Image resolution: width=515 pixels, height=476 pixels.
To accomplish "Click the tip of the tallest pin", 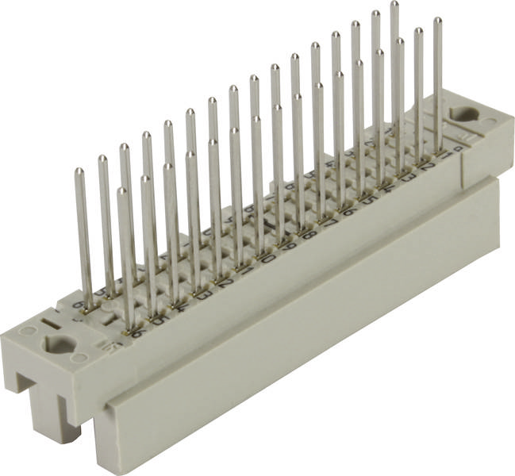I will click(x=394, y=5).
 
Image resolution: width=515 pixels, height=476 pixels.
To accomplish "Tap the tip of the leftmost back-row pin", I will click(x=79, y=171).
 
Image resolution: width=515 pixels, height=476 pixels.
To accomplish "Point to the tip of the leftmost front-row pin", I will click(x=121, y=191).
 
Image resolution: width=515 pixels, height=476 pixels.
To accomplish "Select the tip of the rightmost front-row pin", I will click(x=437, y=21).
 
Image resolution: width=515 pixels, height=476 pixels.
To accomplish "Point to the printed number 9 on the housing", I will click(x=286, y=244).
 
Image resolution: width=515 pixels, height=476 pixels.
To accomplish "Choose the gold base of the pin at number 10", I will click(x=263, y=248).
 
